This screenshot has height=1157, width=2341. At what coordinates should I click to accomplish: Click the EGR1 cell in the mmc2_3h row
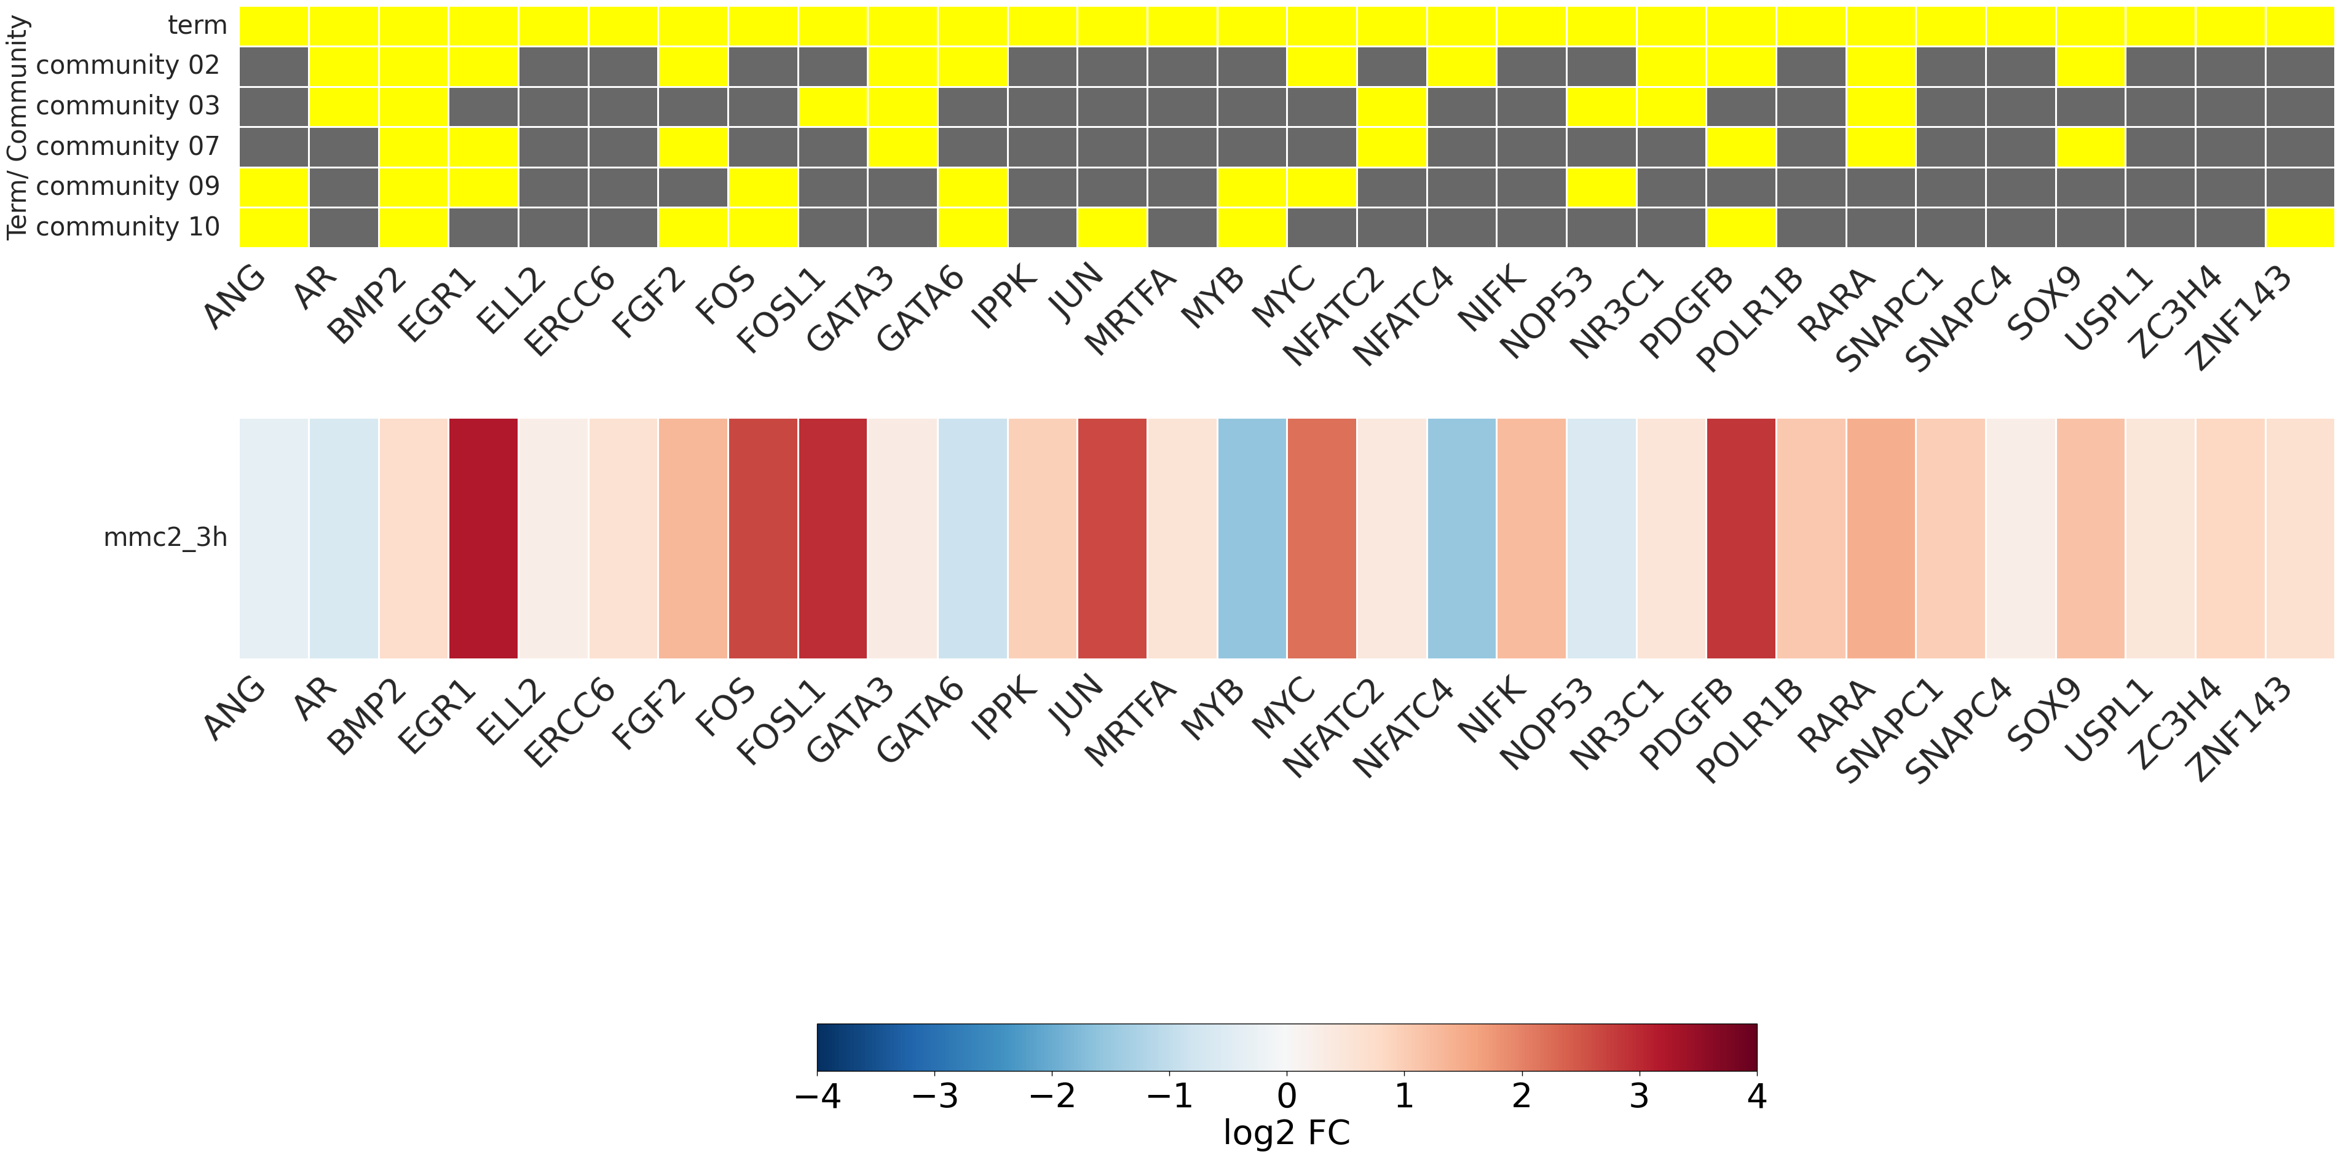[483, 538]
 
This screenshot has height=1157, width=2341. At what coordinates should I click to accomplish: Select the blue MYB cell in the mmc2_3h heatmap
[1252, 538]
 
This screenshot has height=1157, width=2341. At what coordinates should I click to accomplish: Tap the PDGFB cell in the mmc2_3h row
[1741, 538]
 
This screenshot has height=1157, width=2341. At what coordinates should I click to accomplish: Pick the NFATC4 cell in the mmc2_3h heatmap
[1461, 538]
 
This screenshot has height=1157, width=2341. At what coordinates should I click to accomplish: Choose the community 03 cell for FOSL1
[832, 106]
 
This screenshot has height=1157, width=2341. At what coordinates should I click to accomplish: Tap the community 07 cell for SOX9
[2090, 146]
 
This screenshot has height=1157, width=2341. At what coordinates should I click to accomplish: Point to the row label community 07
[127, 146]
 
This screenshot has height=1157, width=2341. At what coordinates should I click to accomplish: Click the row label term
[197, 25]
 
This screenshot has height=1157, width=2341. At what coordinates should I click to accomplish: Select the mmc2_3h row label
[165, 538]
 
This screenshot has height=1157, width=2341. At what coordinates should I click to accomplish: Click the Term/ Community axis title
[17, 127]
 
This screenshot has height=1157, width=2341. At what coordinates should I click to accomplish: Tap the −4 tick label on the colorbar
[817, 1096]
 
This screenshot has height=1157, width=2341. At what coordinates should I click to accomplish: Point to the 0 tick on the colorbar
[1287, 1096]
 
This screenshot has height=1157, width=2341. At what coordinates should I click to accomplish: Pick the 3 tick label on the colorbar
[1638, 1096]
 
